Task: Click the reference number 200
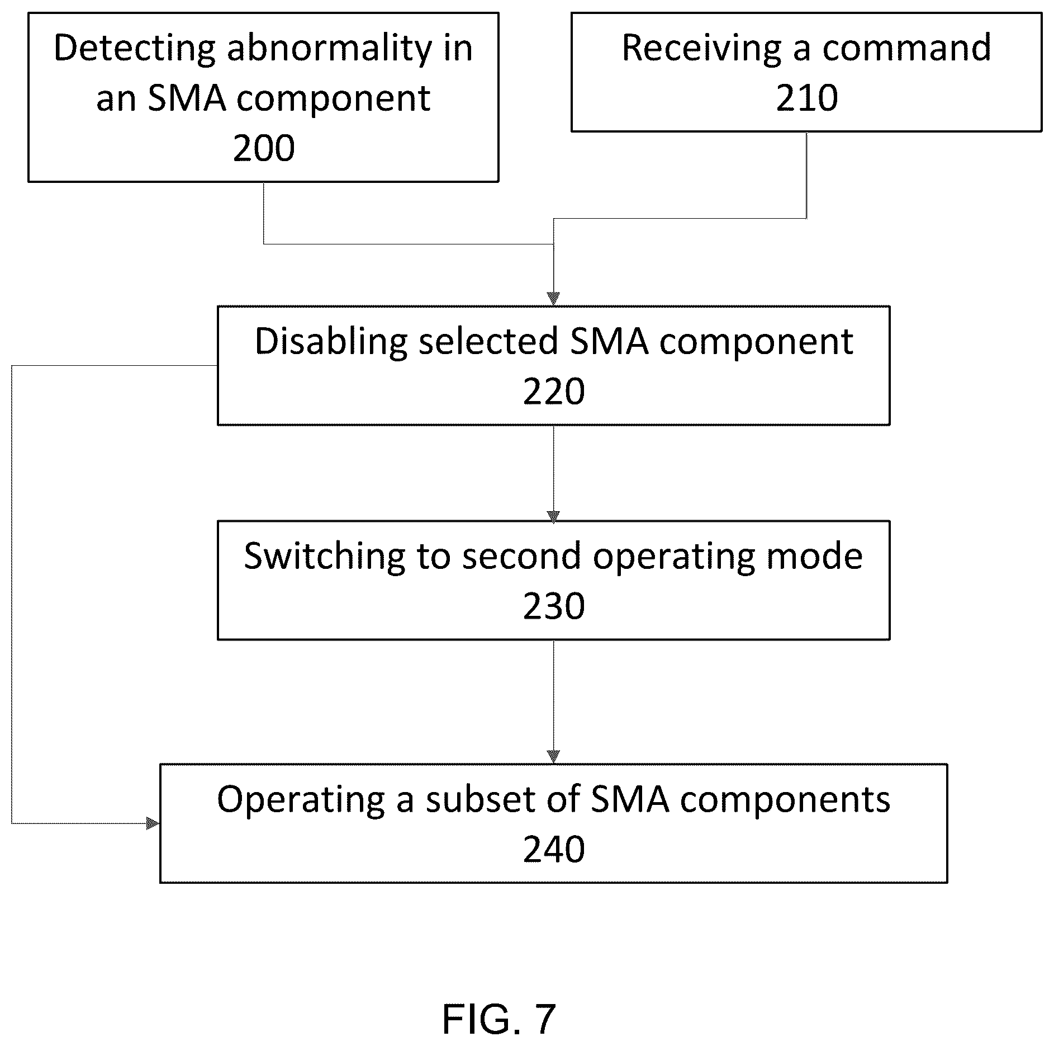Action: tap(264, 149)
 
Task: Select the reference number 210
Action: tap(806, 98)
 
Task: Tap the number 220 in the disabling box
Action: tap(554, 392)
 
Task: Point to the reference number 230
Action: tap(554, 606)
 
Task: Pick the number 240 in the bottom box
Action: tap(554, 849)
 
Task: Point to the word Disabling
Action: tap(331, 341)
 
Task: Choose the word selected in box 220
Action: tap(488, 341)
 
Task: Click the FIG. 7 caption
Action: tap(499, 1019)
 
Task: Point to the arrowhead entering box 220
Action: tap(553, 299)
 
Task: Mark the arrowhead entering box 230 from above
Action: tap(553, 516)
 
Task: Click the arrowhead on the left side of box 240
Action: tap(153, 823)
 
